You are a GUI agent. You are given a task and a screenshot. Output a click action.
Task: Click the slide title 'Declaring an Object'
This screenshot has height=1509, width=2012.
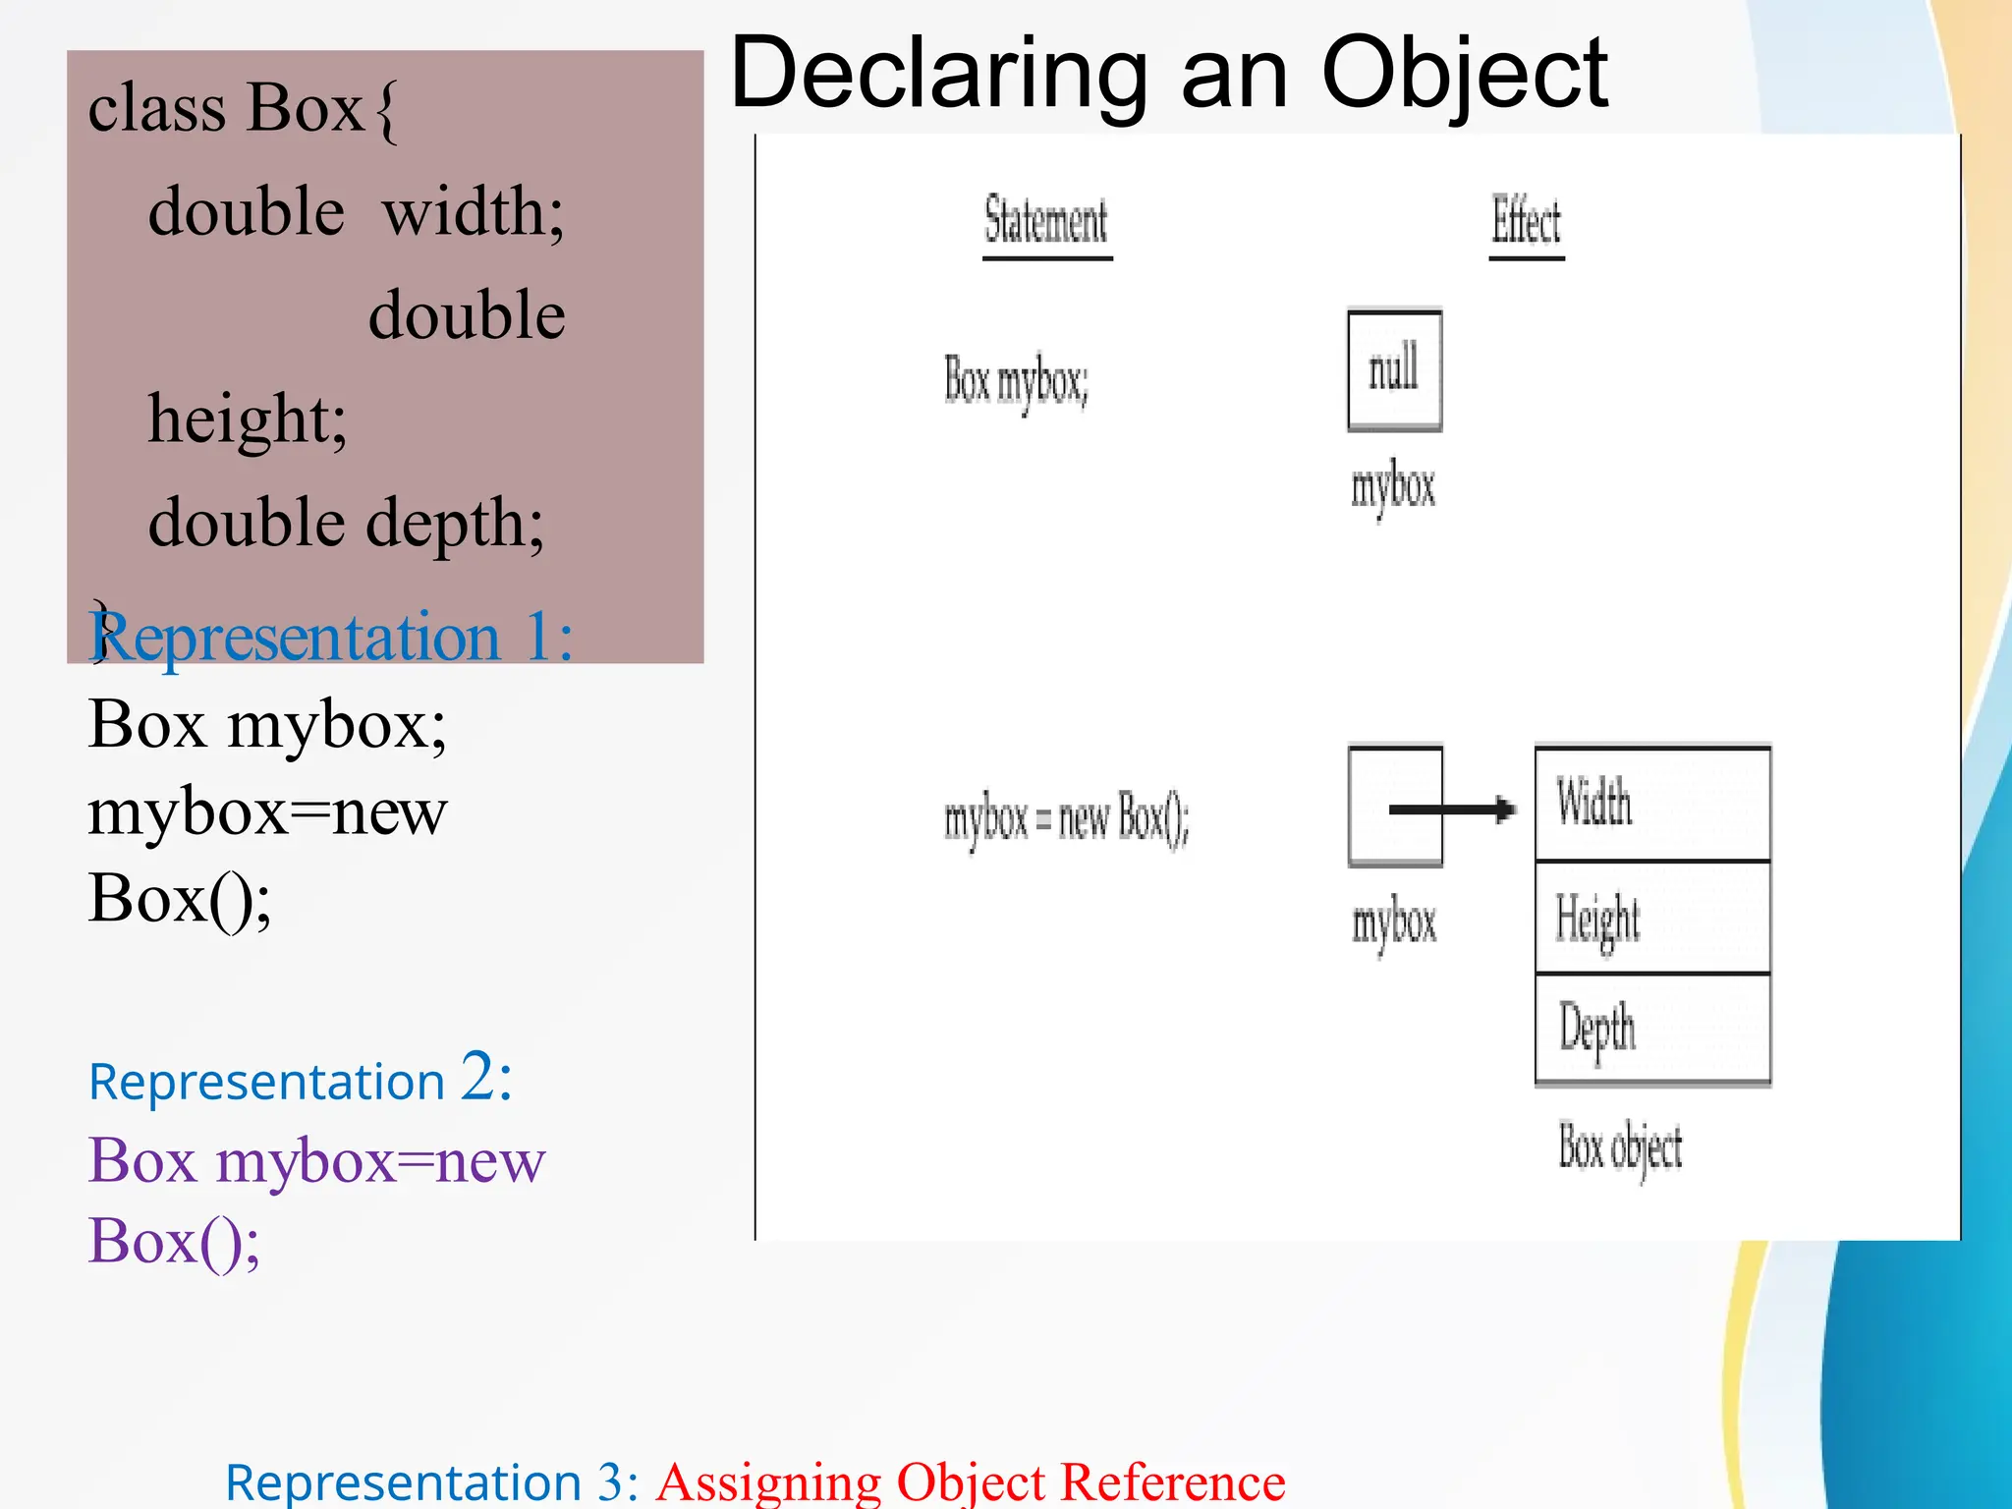(1169, 73)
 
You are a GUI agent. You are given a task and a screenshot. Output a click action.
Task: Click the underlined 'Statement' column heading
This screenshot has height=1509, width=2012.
(1046, 221)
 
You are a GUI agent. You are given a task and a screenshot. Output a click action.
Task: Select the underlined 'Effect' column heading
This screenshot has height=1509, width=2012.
(1526, 221)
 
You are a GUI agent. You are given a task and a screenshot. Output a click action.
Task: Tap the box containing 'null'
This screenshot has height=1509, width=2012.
(1394, 370)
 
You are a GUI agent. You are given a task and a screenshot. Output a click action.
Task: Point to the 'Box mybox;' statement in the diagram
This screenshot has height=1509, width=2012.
(1016, 381)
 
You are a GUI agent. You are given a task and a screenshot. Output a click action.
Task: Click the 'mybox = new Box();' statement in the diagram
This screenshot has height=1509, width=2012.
(1066, 818)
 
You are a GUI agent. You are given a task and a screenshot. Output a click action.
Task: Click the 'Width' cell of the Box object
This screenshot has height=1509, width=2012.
(1652, 804)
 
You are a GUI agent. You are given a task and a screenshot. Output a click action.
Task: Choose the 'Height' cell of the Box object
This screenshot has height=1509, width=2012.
(1652, 918)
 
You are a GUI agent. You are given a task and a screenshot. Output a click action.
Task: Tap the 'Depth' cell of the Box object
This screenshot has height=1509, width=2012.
(1652, 1029)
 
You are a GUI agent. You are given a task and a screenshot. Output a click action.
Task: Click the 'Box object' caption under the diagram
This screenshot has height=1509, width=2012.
(1620, 1147)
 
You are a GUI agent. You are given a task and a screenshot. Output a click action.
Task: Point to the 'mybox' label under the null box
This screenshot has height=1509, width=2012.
(1393, 487)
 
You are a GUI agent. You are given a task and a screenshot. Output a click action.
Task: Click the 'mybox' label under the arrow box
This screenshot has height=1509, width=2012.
(1394, 923)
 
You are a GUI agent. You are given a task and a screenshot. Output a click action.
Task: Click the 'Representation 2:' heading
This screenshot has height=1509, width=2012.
(300, 1080)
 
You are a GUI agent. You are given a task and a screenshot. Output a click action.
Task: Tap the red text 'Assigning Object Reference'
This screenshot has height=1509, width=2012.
(971, 1481)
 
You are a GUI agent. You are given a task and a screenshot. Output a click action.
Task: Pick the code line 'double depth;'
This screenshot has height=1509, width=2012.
(346, 523)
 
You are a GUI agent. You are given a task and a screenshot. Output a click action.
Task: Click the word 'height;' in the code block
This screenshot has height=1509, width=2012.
(248, 419)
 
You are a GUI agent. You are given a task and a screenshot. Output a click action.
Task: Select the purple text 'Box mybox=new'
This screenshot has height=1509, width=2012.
(316, 1161)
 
